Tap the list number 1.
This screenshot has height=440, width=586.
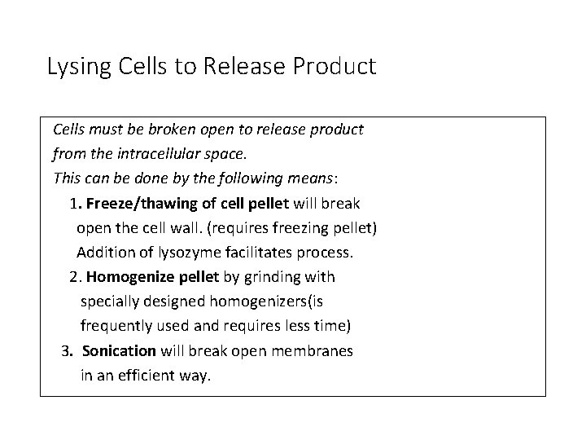75,203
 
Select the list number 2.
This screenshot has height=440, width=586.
75,277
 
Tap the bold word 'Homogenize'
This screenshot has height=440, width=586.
126,277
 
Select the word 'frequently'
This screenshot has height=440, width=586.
117,326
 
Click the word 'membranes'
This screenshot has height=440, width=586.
315,351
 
